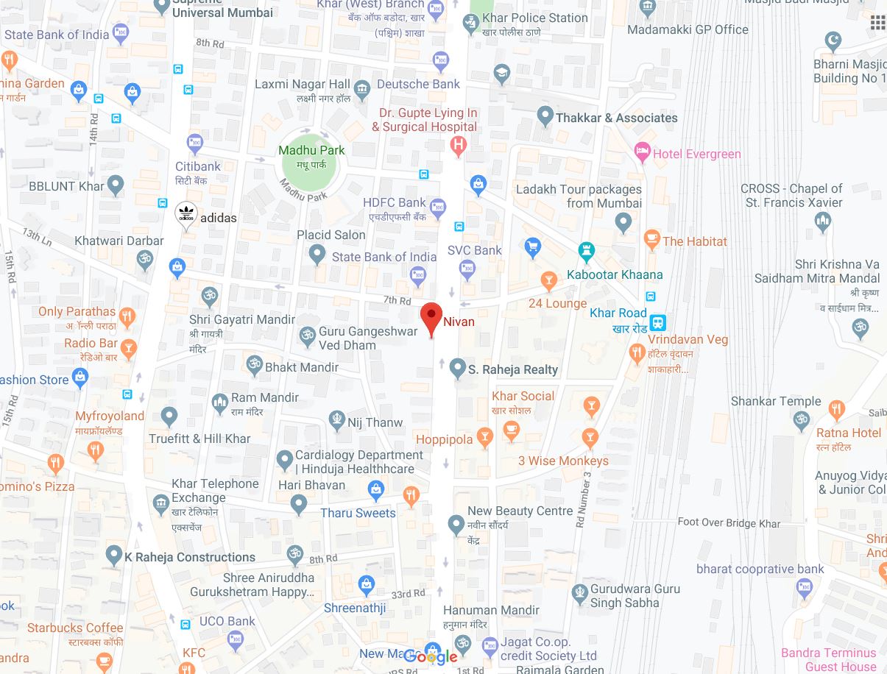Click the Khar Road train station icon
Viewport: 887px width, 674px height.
pos(658,322)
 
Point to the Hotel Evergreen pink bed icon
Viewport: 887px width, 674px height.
pos(643,153)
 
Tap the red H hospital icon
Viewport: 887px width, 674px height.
pos(458,146)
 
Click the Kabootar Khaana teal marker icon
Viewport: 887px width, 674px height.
pos(586,252)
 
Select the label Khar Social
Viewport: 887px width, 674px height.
pos(523,396)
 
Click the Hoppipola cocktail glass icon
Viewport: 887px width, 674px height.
pos(484,438)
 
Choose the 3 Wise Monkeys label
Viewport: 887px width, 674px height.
pos(563,461)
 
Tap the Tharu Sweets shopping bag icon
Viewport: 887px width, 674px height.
pos(376,489)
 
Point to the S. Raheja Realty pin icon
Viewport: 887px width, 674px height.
pos(457,368)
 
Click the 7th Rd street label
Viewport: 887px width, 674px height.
pos(397,300)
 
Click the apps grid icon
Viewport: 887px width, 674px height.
pos(877,23)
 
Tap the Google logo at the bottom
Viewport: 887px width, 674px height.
pos(431,656)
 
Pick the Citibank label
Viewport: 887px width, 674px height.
pos(198,166)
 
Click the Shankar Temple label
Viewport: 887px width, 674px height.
pos(776,401)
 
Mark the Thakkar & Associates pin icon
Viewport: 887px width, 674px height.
pos(545,116)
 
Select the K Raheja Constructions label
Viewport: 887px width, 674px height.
pos(190,557)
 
